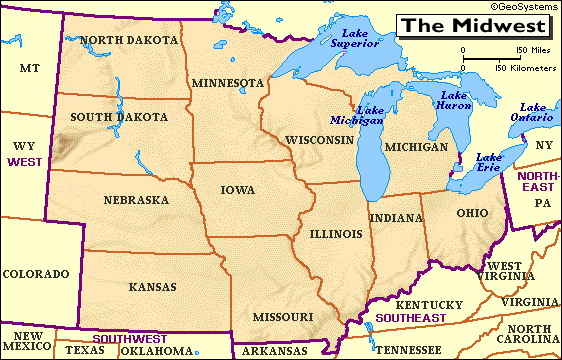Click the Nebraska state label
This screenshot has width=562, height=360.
point(135,200)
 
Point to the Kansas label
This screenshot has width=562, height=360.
point(152,287)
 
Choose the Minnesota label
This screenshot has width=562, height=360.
point(228,82)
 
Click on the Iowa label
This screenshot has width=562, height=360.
point(238,190)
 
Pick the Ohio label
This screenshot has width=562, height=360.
point(472,213)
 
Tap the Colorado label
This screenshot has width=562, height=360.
point(35,273)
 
